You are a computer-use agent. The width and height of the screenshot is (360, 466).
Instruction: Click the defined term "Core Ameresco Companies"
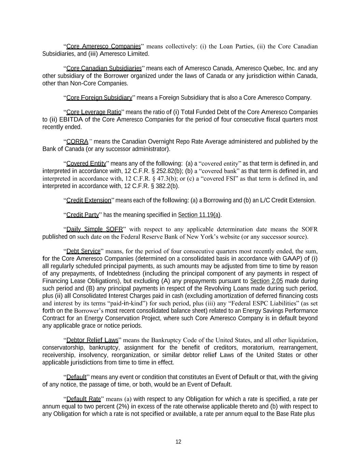click(x=103, y=46)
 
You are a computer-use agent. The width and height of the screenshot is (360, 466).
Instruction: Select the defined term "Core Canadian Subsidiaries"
click(x=104, y=68)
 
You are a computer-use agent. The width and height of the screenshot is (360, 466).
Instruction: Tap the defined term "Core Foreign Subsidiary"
click(x=99, y=98)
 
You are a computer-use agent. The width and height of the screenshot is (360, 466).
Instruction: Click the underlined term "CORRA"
click(x=77, y=142)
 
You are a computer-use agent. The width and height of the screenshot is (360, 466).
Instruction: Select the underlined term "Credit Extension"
click(x=89, y=200)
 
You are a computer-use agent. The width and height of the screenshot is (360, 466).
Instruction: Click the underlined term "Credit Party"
click(x=83, y=215)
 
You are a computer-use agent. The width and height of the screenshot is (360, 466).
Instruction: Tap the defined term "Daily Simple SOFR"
click(x=95, y=229)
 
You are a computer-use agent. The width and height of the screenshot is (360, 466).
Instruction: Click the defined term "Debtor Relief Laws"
click(x=92, y=340)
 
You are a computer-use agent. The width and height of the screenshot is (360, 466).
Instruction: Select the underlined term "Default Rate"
click(x=84, y=399)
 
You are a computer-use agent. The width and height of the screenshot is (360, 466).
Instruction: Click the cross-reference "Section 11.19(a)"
click(x=199, y=215)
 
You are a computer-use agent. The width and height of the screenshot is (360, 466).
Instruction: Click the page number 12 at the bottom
click(x=178, y=442)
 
